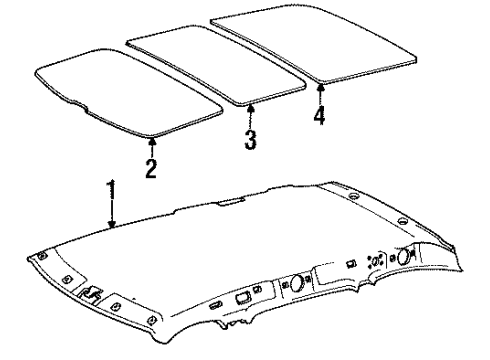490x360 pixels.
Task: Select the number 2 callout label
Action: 151,168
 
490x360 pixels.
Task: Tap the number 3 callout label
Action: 250,137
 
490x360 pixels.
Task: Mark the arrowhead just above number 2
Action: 151,141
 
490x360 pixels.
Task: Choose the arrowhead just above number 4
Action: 321,87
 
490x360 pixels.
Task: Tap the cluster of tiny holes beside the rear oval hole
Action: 375,263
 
